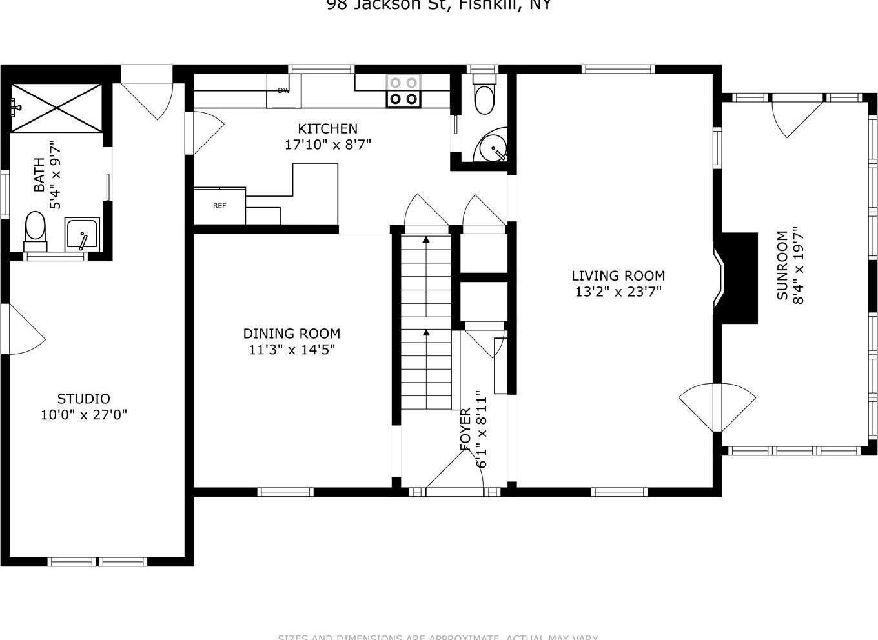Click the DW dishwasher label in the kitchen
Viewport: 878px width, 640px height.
pos(283,91)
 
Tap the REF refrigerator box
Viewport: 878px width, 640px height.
pos(219,206)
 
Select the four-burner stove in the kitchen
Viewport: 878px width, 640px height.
pos(403,91)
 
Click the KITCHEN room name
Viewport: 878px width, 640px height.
pos(327,129)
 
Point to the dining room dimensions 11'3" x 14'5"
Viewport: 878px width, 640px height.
pos(292,350)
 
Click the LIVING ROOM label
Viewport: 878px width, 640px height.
pos(618,276)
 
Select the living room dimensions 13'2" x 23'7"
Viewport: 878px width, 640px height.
pos(618,292)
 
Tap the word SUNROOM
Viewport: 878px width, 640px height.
pos(782,265)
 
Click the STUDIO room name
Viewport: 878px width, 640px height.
pos(83,399)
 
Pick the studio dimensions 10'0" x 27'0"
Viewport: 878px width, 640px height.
pos(84,415)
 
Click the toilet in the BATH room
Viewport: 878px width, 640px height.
pos(35,231)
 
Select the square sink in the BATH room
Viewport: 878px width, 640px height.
pos(82,234)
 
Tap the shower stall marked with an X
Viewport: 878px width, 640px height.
pos(56,107)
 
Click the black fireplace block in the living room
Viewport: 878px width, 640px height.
pos(738,277)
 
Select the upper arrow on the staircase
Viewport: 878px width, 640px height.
pos(426,241)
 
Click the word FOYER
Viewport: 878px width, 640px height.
pos(465,429)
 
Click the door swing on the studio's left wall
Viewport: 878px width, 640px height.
pos(24,330)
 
